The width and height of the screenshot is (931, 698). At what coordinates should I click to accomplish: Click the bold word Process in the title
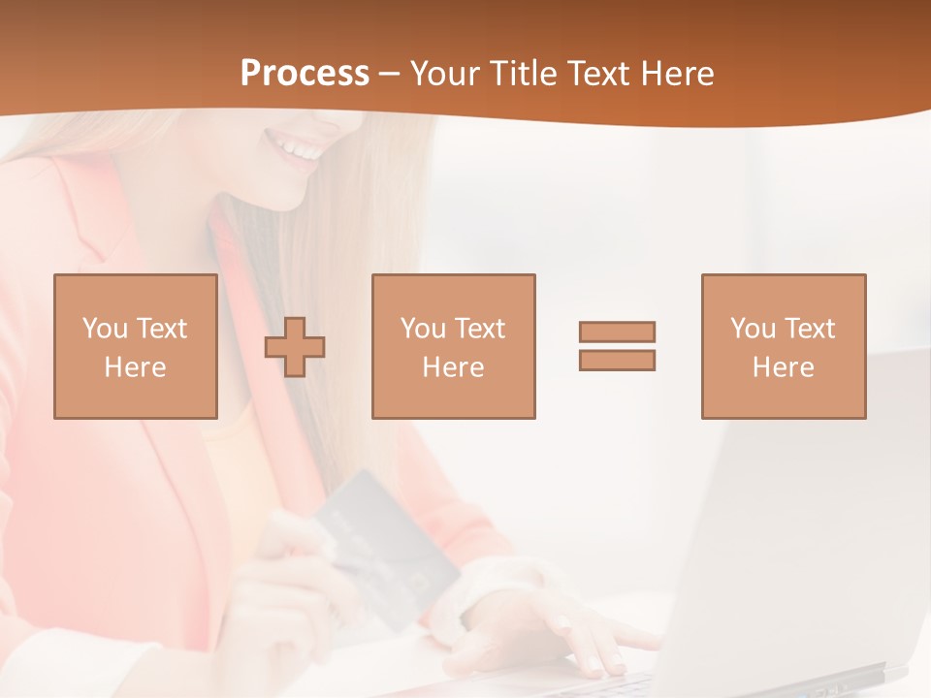[x=305, y=73]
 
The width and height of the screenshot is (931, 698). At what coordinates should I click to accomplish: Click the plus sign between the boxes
[x=295, y=347]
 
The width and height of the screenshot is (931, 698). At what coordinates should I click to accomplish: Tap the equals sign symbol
[x=617, y=346]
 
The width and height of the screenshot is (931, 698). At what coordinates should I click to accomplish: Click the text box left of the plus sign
[x=136, y=346]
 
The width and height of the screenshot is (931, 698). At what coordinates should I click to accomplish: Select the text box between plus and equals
[x=454, y=346]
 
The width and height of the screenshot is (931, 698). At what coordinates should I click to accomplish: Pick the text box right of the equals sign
[x=784, y=346]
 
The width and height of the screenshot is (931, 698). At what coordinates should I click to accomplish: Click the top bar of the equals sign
[x=617, y=333]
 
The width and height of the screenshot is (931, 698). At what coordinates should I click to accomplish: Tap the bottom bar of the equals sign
[x=617, y=360]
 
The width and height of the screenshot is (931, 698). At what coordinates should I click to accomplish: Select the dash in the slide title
[x=390, y=75]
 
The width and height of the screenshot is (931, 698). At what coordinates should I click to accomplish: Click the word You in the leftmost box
[x=105, y=328]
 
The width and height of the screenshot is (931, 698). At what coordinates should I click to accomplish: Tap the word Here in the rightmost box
[x=784, y=367]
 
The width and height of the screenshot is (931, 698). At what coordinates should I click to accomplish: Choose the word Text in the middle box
[x=480, y=328]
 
